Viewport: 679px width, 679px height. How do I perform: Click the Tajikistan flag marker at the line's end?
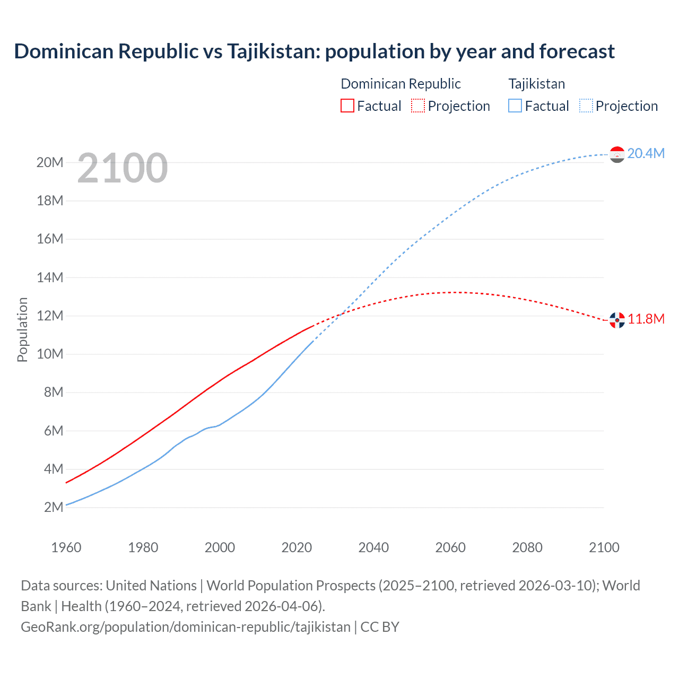617,154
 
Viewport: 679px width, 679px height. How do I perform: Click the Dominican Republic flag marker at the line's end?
617,320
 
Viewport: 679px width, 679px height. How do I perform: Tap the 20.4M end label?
646,153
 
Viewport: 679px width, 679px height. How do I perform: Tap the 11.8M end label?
646,319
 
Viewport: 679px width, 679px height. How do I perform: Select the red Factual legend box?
347,106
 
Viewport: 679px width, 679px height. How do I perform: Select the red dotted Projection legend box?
418,106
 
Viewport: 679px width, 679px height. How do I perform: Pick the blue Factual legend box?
515,106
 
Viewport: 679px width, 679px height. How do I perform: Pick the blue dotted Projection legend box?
586,106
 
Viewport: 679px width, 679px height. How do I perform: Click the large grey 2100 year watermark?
123,168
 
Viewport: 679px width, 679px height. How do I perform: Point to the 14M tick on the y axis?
50,277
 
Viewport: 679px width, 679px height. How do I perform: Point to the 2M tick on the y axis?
54,507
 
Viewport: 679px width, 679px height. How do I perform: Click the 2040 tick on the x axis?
373,547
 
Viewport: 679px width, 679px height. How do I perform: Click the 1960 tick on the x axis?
66,547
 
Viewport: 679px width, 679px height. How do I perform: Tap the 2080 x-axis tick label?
527,547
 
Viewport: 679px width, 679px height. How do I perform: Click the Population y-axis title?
22,329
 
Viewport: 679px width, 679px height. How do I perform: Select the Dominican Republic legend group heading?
401,84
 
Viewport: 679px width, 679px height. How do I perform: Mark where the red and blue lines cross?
340,314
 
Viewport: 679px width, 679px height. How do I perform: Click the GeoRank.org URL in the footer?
186,627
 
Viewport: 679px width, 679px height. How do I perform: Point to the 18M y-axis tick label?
50,201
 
